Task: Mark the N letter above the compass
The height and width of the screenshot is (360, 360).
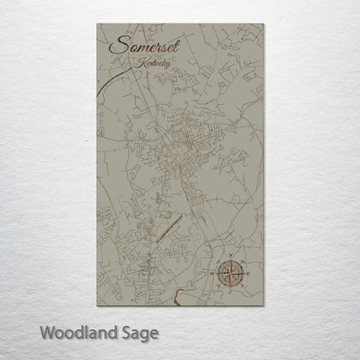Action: tap(233, 259)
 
